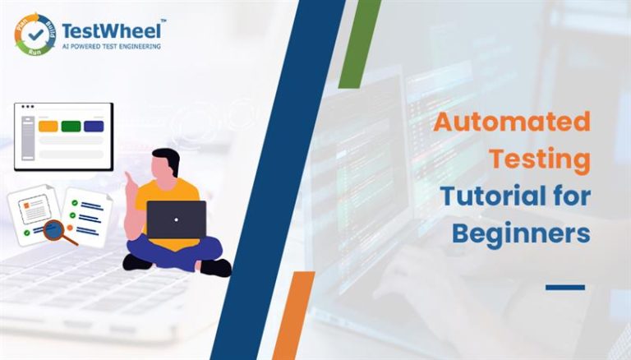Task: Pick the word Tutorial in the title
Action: (481, 197)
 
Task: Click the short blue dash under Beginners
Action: (564, 287)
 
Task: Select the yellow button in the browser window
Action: (48, 127)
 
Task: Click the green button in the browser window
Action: (71, 127)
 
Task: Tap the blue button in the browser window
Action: (94, 127)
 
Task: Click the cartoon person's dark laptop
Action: (176, 219)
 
